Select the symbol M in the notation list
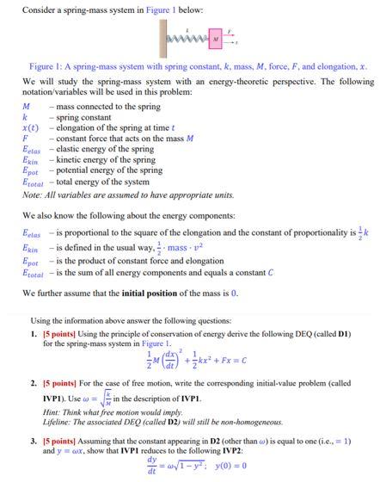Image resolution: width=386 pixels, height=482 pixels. [x=27, y=107]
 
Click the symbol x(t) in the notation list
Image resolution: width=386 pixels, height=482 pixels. [x=31, y=127]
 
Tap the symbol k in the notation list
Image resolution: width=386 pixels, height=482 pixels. [x=25, y=117]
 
